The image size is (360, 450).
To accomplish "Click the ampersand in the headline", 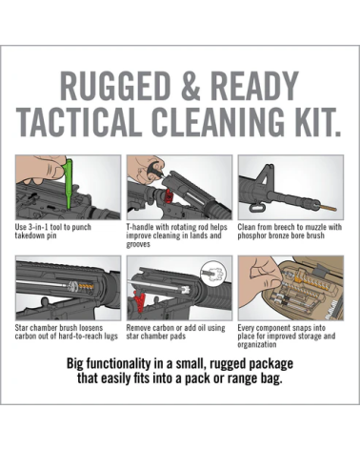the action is (x=192, y=86).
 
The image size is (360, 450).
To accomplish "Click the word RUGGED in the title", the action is (x=115, y=86).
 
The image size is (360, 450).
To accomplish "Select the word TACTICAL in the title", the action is (x=79, y=122).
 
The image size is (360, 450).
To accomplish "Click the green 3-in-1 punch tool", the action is (x=68, y=183).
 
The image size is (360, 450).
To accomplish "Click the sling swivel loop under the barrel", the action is (x=256, y=208).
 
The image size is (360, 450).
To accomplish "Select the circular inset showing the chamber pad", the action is (x=213, y=274).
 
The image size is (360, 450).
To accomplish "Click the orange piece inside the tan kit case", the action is (x=299, y=279).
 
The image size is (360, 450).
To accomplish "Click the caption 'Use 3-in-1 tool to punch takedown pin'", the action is (x=53, y=232).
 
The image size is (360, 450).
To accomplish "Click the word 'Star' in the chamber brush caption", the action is (x=21, y=328).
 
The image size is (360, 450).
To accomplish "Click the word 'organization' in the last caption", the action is (x=257, y=345).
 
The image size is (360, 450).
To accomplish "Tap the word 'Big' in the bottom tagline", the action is (x=73, y=364).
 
